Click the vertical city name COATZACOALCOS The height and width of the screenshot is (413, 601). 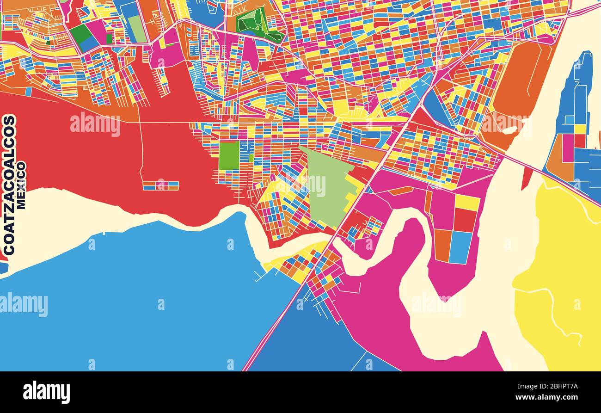pos(9,185)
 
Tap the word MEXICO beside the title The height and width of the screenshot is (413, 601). pos(21,185)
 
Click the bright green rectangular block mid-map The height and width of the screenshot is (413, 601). pos(229,155)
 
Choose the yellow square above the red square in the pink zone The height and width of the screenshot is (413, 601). pos(467,202)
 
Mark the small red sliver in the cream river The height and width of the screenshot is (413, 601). pos(527,179)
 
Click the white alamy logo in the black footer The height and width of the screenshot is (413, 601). pos(46,392)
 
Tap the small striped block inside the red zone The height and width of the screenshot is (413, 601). pos(160,186)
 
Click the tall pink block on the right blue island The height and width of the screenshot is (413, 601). pos(568,148)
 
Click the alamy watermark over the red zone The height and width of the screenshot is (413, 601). pos(95,124)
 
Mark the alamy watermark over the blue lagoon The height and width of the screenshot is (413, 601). pos(24,305)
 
